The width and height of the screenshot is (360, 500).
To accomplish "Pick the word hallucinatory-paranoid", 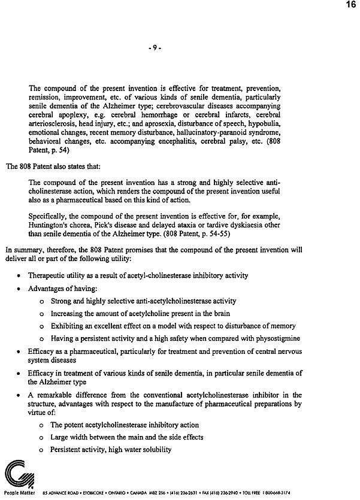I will point(214,132).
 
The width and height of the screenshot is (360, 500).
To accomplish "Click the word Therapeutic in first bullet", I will point(48,275).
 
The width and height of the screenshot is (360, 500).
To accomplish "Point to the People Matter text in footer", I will point(19,493).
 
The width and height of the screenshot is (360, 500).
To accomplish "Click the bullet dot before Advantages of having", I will point(20,289).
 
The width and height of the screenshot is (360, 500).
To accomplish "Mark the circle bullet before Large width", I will point(41,438).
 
